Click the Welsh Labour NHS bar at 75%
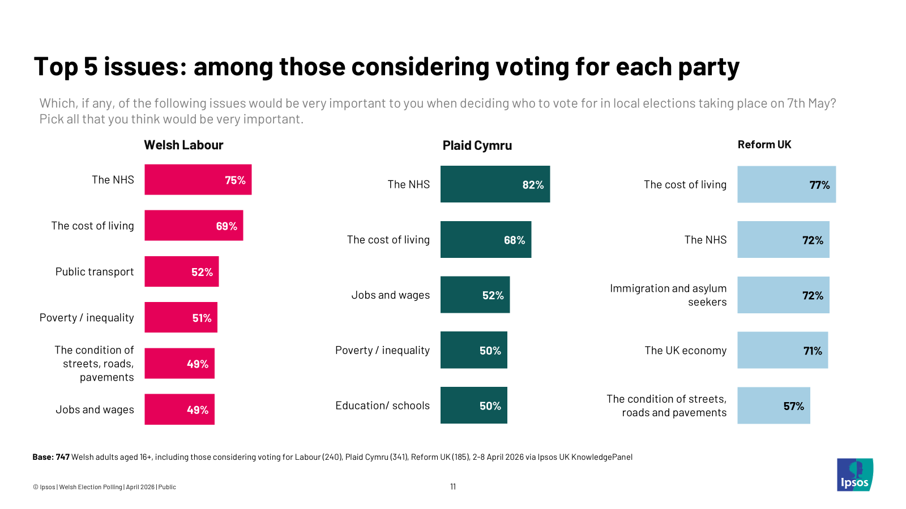(198, 180)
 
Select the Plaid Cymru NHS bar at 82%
(495, 184)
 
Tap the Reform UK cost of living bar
(786, 184)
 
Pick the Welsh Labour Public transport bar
(181, 271)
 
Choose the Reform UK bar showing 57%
(773, 406)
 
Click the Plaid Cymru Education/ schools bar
(473, 406)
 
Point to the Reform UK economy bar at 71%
(782, 350)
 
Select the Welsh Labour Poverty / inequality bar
(181, 317)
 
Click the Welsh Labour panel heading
(183, 145)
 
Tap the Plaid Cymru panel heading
(477, 145)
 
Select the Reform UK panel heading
(764, 145)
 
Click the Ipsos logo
(854, 475)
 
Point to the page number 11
(453, 486)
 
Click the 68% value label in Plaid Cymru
(514, 240)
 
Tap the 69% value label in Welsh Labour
(226, 226)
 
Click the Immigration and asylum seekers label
(668, 295)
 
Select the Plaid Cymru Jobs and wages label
(390, 295)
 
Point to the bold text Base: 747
(51, 457)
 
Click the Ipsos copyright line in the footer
(104, 487)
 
